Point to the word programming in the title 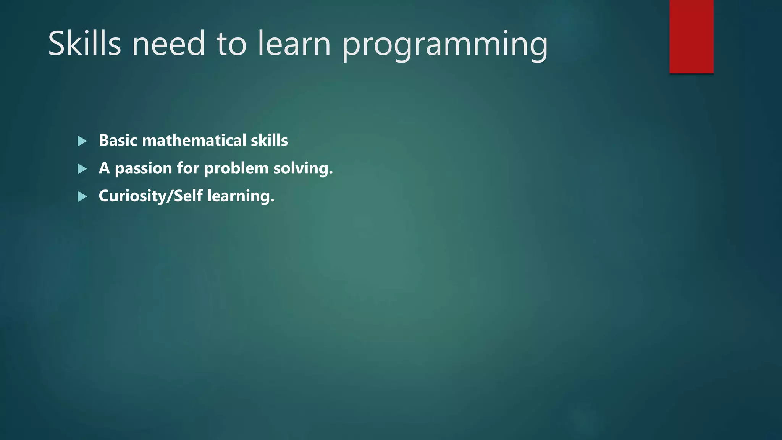(445, 46)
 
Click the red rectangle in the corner (691, 36)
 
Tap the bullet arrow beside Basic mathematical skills (82, 141)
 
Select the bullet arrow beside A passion (82, 169)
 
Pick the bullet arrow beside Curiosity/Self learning (82, 197)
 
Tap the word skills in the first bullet (269, 141)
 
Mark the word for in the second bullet (188, 168)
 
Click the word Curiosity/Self (150, 196)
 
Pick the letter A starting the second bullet (104, 168)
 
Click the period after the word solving (331, 174)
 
